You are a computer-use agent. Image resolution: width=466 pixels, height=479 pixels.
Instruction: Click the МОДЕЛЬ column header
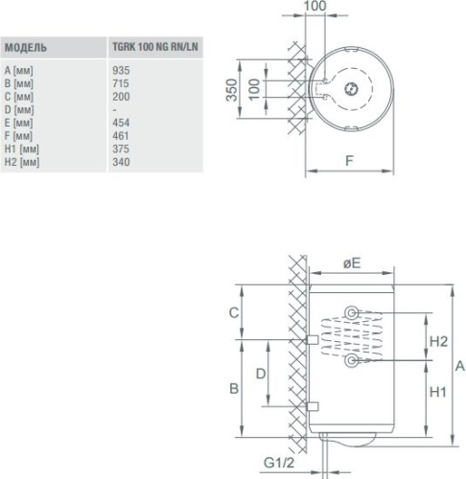click(x=26, y=48)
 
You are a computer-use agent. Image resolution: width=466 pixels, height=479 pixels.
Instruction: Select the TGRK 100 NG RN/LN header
click(x=155, y=47)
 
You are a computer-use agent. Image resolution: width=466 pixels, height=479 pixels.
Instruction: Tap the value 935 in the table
click(x=121, y=70)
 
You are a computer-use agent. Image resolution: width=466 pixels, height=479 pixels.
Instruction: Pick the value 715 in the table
click(x=121, y=83)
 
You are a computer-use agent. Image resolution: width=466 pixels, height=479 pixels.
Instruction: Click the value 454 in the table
click(x=121, y=123)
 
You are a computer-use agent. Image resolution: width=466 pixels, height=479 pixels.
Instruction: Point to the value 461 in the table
click(x=121, y=136)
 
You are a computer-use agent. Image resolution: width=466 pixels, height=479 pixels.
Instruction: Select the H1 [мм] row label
click(x=22, y=149)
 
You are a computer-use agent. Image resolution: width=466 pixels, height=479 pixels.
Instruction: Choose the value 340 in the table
click(x=121, y=162)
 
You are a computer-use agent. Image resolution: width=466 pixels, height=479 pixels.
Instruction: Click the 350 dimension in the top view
click(x=231, y=90)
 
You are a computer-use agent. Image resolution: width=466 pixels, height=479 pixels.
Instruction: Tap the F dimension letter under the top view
click(x=350, y=161)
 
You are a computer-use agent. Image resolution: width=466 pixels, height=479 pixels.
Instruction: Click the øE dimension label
click(x=352, y=263)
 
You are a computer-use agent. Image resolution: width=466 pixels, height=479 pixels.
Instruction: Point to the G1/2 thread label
click(x=279, y=463)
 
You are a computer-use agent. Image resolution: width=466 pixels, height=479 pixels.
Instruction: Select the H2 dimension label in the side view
click(x=438, y=342)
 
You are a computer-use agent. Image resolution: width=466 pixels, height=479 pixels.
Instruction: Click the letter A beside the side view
click(x=460, y=366)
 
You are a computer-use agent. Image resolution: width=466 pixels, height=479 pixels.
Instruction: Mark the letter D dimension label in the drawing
click(x=261, y=374)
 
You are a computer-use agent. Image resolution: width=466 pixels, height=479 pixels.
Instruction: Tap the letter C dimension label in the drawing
click(x=234, y=312)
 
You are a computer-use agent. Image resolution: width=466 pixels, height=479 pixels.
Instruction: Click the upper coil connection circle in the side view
click(x=352, y=313)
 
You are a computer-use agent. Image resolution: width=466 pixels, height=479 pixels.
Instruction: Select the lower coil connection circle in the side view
click(x=352, y=360)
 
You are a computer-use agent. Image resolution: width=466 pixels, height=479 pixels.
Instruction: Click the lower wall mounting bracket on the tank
click(x=313, y=406)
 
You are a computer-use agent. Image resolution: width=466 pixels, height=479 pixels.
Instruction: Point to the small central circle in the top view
click(x=352, y=89)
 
